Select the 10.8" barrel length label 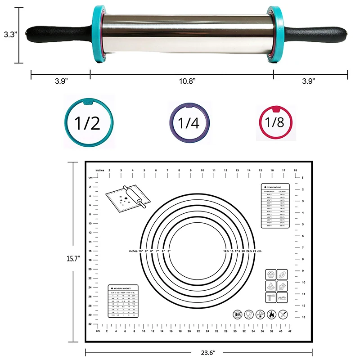tap(188, 81)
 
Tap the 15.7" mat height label tap(72, 259)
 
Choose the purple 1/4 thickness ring tap(189, 123)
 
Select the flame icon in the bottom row tap(272, 315)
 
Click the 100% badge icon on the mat tap(238, 315)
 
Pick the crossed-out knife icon tap(283, 315)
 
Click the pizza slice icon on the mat tap(270, 286)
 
